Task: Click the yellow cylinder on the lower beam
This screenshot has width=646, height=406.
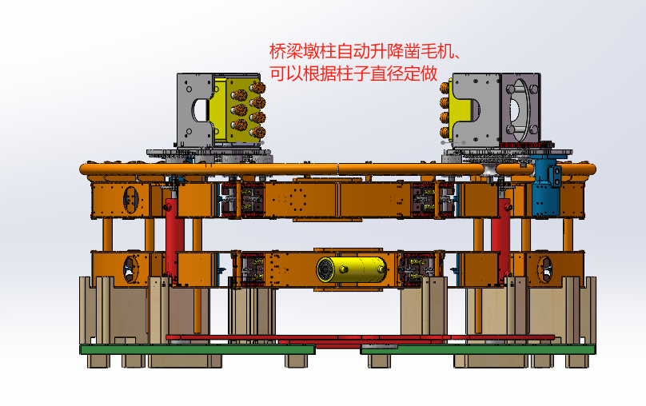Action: click(352, 269)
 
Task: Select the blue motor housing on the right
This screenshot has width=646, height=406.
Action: click(545, 187)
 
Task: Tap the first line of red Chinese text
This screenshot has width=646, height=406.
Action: click(366, 52)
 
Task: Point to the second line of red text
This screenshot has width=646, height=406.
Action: click(353, 74)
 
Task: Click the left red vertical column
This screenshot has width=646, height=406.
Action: click(174, 240)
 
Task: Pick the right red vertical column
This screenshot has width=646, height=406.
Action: click(501, 240)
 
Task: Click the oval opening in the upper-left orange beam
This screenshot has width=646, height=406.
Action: click(131, 200)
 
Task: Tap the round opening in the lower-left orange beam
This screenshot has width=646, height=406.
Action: click(130, 269)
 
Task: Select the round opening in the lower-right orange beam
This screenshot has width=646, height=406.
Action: click(544, 269)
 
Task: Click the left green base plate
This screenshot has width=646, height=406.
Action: click(197, 349)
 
